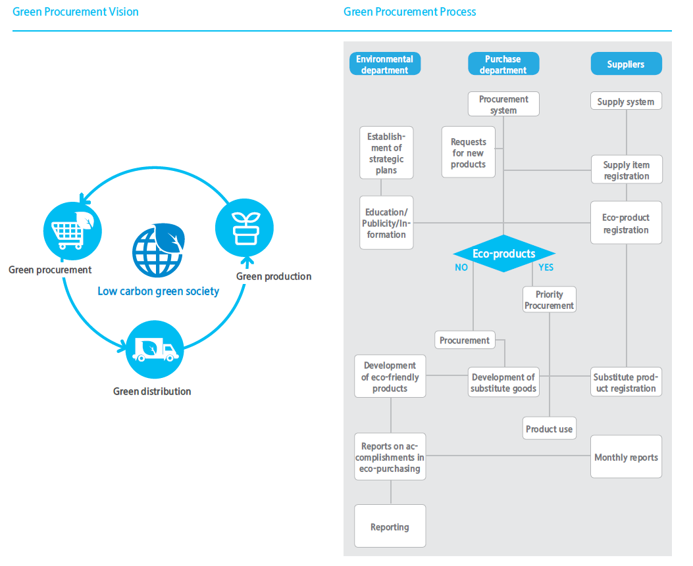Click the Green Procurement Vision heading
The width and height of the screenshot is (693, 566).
point(76,12)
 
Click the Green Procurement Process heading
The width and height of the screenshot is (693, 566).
point(409,12)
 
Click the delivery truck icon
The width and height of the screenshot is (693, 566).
point(155,349)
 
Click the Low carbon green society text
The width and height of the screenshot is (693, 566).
point(158,291)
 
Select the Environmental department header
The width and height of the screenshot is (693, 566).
point(384,64)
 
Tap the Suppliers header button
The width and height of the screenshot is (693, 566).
point(626,64)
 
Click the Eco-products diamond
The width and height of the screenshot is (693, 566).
point(503,254)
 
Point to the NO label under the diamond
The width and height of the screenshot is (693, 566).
point(461,268)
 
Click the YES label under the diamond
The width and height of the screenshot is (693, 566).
point(546,268)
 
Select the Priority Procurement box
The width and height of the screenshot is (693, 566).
point(550,300)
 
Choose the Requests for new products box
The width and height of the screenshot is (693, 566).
point(468,153)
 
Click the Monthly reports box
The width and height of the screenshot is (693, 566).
point(626,457)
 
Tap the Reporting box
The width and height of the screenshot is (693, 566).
point(390,527)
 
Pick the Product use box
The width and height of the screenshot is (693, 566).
point(550,429)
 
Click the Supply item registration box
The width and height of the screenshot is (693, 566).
point(626,170)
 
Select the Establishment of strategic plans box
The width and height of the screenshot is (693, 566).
point(386,153)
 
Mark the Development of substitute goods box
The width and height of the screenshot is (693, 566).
point(503,383)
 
